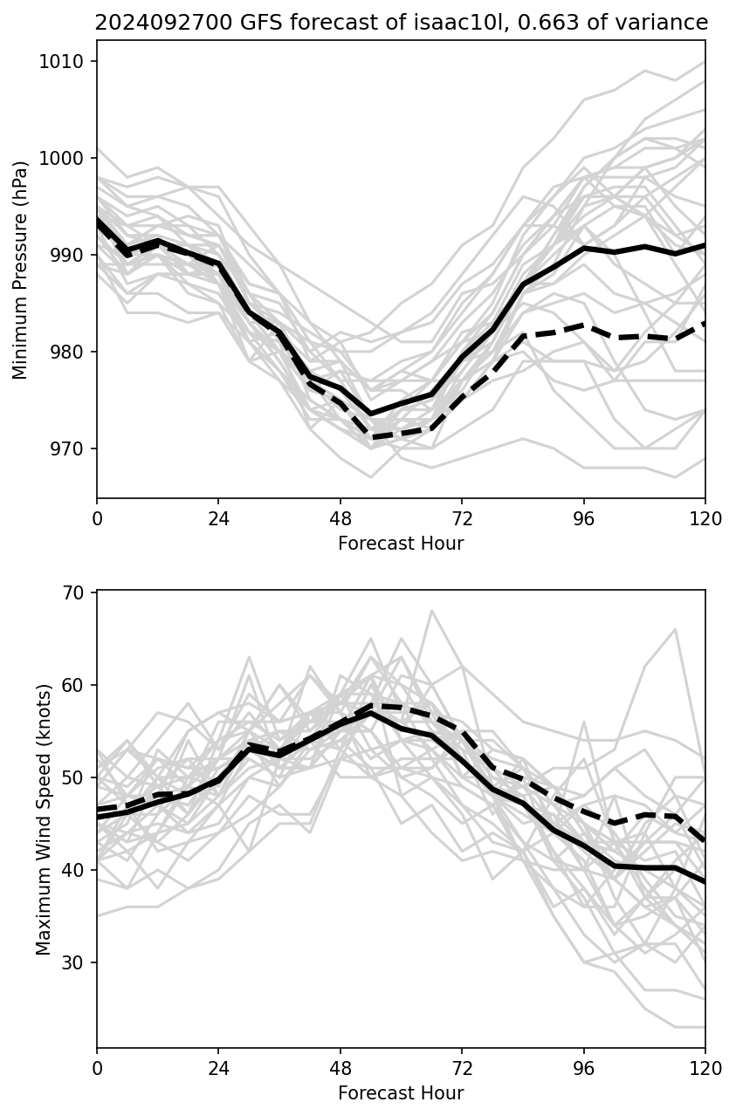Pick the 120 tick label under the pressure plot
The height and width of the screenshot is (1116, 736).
[x=705, y=518]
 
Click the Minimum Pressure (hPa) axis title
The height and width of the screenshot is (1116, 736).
[x=21, y=269]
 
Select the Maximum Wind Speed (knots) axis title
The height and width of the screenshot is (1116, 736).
[x=44, y=818]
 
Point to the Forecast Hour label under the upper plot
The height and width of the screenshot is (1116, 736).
[x=401, y=544]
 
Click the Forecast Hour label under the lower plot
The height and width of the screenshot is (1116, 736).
[x=401, y=1093]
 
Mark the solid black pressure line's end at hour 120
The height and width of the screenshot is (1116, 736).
[x=705, y=245]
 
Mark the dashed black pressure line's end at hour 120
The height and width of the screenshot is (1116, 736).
[x=705, y=323]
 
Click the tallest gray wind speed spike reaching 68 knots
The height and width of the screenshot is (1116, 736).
[x=431, y=611]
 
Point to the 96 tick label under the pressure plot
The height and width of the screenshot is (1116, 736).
[x=583, y=518]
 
